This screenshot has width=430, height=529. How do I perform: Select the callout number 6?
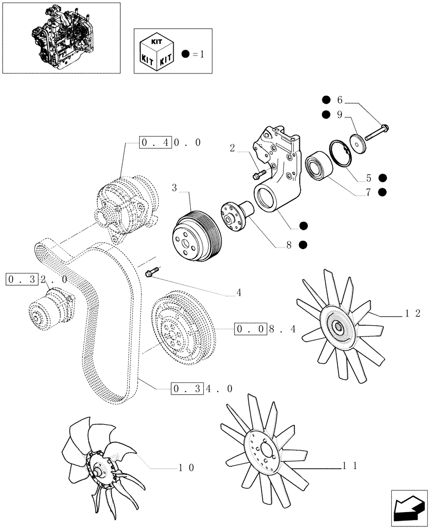tap(340, 100)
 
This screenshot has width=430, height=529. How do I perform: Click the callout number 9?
tap(340, 114)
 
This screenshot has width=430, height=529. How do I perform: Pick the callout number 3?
tap(174, 188)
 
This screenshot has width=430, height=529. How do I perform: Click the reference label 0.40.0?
tap(171, 143)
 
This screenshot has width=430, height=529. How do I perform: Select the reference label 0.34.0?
tap(202, 389)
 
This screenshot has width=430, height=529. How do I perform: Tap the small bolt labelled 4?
tap(150, 272)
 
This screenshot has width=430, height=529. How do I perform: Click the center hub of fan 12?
tap(337, 327)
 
